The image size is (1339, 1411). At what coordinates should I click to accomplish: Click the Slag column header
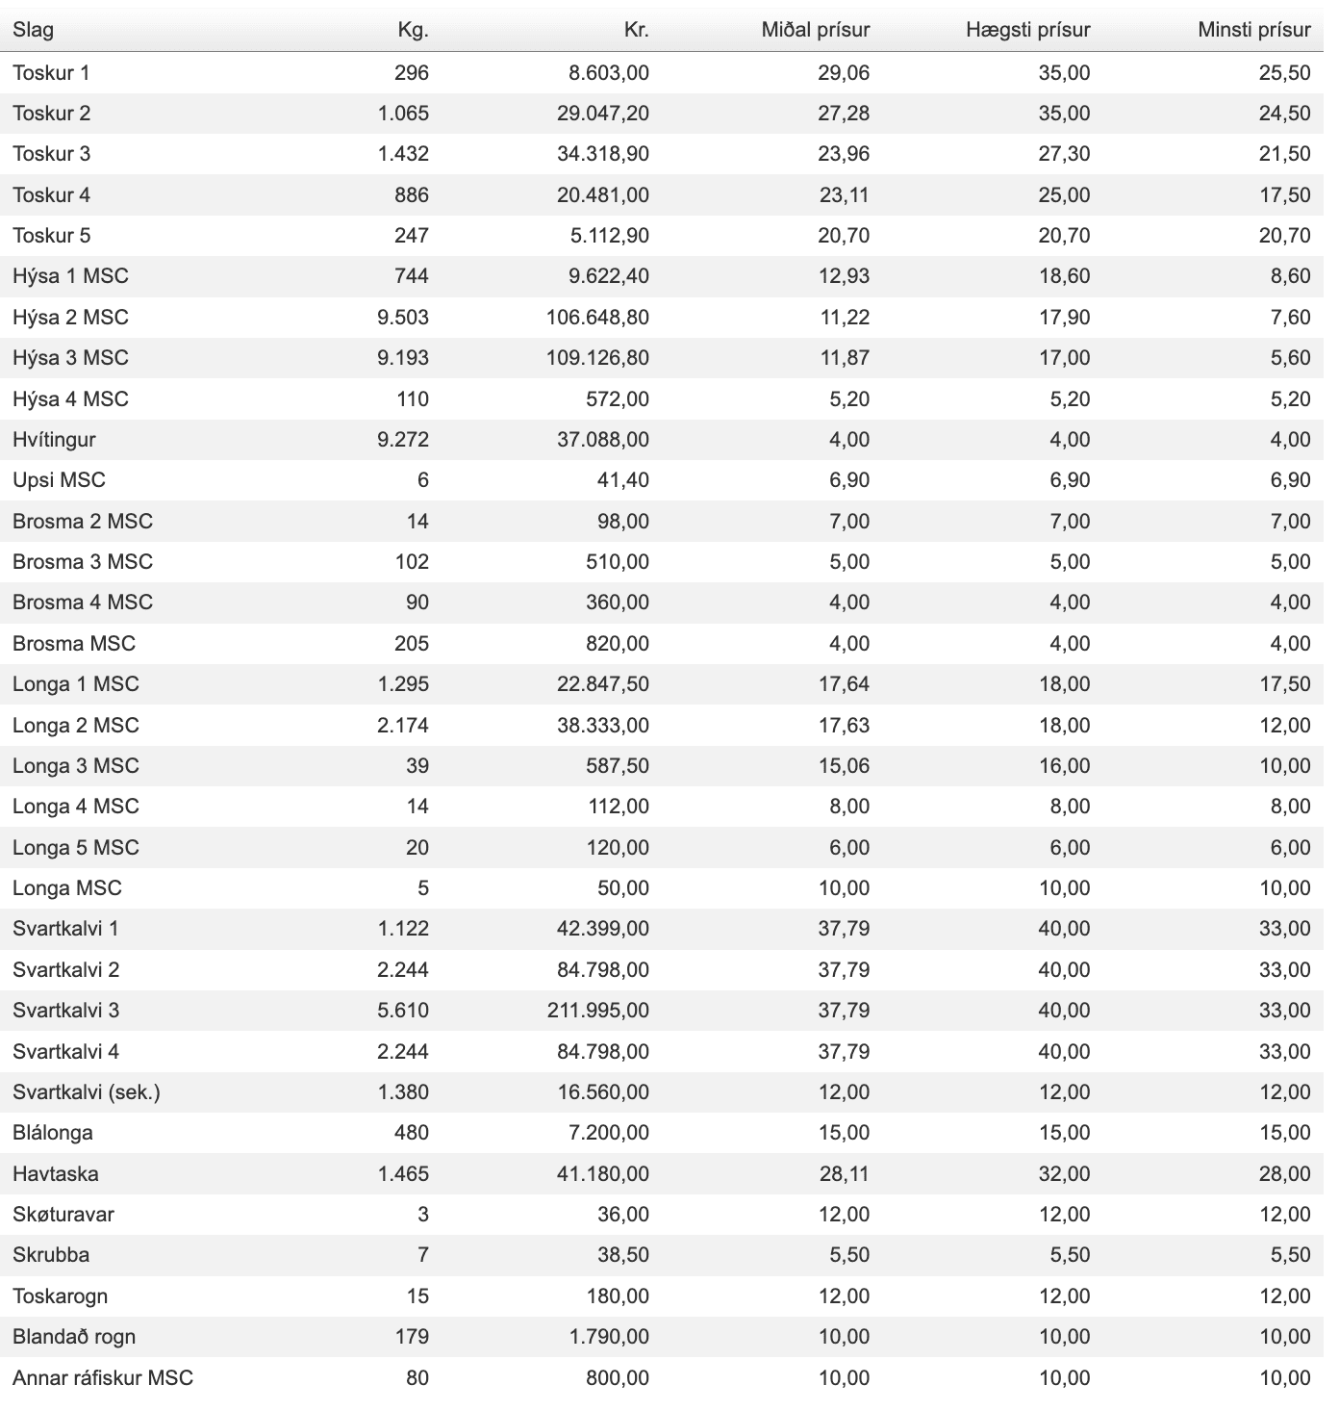33,30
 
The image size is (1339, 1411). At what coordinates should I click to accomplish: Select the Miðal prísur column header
815,30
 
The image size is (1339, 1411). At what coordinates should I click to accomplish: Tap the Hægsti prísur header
1027,30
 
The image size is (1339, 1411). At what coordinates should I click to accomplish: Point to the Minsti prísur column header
1253,30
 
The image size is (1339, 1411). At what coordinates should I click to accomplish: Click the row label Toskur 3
52,154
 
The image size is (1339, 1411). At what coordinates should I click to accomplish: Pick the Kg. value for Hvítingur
403,440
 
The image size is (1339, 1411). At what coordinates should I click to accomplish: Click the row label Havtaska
56,1174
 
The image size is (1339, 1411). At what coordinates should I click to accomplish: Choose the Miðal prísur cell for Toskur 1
844,73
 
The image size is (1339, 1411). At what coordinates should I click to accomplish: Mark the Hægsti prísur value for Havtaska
1064,1174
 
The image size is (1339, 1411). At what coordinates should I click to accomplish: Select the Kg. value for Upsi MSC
422,480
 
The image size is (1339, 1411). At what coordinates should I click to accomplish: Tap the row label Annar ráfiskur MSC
103,1378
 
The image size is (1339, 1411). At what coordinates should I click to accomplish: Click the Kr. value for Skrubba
622,1255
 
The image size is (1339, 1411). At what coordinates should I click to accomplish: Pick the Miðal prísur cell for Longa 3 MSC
844,766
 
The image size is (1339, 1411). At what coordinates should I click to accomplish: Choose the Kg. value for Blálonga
411,1133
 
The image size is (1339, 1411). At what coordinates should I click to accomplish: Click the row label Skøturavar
63,1215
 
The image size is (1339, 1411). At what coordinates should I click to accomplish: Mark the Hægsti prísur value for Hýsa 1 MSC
1064,276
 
